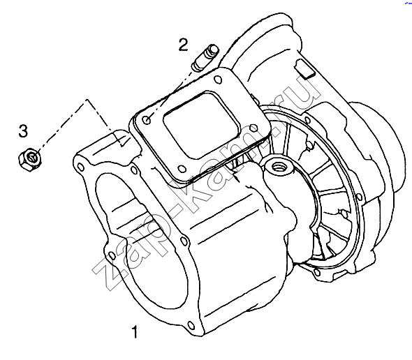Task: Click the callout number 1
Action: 135,331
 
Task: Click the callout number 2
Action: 184,45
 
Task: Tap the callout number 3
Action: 23,130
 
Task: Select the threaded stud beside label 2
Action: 205,57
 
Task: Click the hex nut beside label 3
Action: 31,159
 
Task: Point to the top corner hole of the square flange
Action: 218,80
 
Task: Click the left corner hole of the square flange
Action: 147,120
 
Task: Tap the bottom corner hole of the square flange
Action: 181,169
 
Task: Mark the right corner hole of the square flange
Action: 253,128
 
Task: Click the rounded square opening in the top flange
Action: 202,125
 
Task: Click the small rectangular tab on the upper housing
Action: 304,69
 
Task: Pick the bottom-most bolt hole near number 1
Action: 191,326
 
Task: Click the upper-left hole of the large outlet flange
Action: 81,167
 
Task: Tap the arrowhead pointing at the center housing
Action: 238,179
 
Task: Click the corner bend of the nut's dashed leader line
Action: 87,100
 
